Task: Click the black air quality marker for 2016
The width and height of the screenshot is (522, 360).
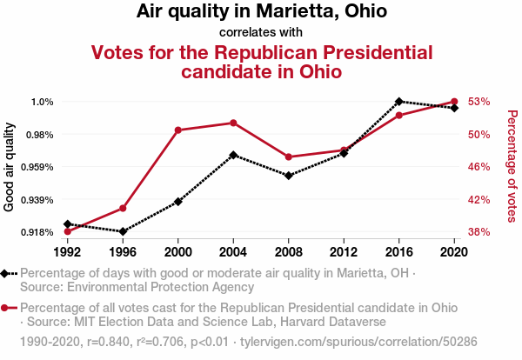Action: point(399,102)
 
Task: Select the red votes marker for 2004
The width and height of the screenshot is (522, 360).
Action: point(233,123)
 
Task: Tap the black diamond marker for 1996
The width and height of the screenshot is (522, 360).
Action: point(123,231)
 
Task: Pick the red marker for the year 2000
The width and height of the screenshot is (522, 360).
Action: point(178,130)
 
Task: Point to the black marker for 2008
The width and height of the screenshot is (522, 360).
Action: point(289,176)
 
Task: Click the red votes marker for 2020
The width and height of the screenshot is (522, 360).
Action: point(454,102)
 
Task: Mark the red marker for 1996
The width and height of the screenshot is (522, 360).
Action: point(123,209)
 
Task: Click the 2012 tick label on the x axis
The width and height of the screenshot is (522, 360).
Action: point(344,251)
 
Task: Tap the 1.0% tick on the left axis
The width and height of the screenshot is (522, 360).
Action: point(43,102)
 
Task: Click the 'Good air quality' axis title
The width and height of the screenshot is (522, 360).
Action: point(10,166)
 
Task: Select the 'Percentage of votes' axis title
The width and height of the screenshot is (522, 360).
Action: point(512,166)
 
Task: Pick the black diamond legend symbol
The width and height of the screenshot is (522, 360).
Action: point(7,273)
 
